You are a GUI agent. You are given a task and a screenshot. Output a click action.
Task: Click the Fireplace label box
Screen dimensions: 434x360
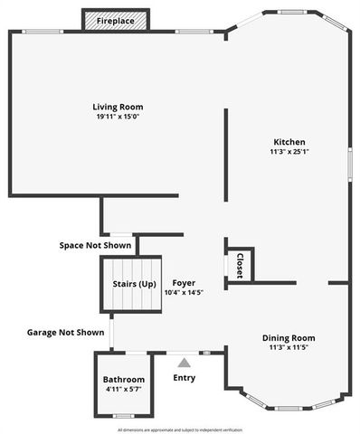pyautogui.click(x=117, y=21)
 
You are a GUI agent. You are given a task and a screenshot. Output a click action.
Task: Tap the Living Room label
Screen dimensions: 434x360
pyautogui.click(x=118, y=107)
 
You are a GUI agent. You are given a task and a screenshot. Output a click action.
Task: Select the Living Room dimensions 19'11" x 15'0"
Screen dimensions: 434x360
pyautogui.click(x=118, y=117)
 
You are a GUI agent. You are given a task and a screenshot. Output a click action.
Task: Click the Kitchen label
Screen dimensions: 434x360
pyautogui.click(x=289, y=142)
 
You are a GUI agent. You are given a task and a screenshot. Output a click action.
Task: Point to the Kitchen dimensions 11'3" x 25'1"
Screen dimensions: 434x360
pyautogui.click(x=289, y=152)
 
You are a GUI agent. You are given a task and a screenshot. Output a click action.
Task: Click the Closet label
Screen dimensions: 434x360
pyautogui.click(x=240, y=265)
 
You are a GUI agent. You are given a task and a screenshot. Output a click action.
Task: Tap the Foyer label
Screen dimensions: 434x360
pyautogui.click(x=184, y=282)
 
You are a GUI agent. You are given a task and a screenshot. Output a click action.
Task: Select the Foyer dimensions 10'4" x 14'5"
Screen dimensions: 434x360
pyautogui.click(x=184, y=292)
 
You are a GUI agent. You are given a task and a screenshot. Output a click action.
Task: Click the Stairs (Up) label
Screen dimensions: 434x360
pyautogui.click(x=134, y=285)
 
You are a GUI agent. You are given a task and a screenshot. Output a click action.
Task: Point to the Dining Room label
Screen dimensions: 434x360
pyautogui.click(x=289, y=337)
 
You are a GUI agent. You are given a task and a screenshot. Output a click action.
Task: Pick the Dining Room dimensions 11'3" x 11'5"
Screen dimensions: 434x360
pyautogui.click(x=289, y=347)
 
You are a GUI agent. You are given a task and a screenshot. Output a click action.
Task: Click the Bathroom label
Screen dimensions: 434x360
pyautogui.click(x=123, y=379)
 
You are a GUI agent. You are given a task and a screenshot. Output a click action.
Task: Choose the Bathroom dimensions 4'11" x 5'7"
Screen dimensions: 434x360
pyautogui.click(x=123, y=390)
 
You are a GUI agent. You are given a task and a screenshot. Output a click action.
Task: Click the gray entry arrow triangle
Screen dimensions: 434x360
pyautogui.click(x=184, y=363)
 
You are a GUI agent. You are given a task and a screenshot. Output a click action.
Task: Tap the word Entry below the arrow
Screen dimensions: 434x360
pyautogui.click(x=184, y=378)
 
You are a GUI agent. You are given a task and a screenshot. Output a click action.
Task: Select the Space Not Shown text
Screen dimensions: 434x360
pyautogui.click(x=95, y=245)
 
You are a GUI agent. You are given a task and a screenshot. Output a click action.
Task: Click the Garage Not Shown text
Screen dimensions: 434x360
pyautogui.click(x=65, y=333)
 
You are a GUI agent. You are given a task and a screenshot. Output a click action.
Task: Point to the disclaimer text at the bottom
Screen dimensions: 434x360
pyautogui.click(x=180, y=429)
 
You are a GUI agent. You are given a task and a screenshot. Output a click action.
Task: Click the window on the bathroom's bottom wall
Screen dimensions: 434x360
pyautogui.click(x=124, y=416)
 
